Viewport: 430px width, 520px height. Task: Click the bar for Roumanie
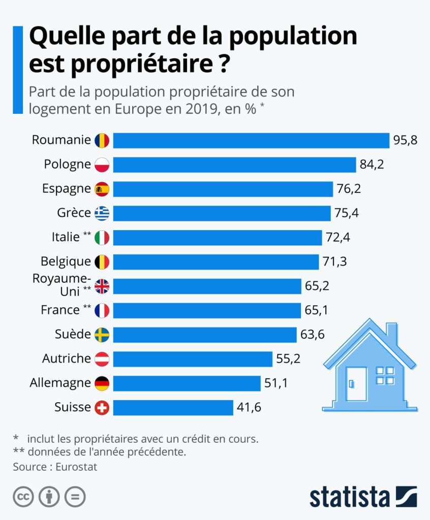click(251, 140)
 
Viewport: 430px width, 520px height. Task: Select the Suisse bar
click(173, 407)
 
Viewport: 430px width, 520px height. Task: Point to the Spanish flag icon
click(102, 189)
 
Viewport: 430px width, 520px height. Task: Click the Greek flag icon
click(102, 213)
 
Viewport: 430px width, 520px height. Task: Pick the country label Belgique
click(66, 262)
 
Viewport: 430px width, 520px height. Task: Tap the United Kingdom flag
click(102, 286)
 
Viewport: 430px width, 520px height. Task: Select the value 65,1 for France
click(317, 310)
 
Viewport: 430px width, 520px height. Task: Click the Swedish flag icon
click(102, 335)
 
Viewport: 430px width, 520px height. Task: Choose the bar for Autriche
click(192, 359)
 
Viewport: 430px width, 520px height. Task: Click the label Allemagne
click(59, 383)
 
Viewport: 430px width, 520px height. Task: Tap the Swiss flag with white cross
click(102, 407)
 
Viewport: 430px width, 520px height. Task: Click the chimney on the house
click(391, 333)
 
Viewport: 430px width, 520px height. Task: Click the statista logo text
click(349, 497)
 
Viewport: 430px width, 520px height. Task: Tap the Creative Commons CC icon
click(23, 497)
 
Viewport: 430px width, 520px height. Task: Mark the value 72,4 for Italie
click(338, 237)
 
